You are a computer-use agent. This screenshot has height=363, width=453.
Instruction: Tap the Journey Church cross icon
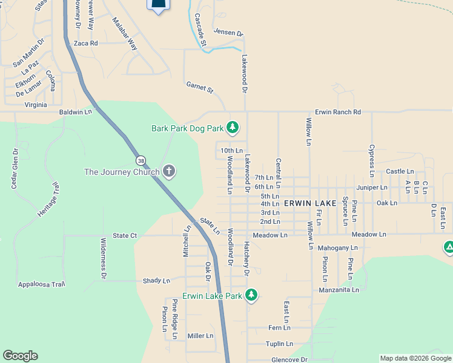[x=169, y=172]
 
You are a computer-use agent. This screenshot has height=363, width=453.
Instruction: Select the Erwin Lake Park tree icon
[x=251, y=296]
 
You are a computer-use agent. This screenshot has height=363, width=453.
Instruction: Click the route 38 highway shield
[x=141, y=161]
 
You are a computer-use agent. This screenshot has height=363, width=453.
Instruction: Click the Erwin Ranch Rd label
[x=337, y=112]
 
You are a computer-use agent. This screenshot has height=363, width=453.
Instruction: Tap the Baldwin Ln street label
[x=75, y=112]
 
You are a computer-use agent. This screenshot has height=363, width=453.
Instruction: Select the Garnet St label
[x=200, y=89]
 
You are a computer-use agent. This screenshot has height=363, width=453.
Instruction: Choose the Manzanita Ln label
[x=339, y=290]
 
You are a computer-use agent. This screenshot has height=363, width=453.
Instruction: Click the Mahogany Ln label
[x=337, y=247]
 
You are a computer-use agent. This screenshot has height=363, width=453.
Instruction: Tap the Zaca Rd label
[x=85, y=44]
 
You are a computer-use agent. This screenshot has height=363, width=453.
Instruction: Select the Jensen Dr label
[x=228, y=34]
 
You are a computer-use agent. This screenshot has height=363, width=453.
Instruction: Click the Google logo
[x=20, y=356]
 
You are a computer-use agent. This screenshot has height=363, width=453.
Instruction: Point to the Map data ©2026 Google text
[x=415, y=358]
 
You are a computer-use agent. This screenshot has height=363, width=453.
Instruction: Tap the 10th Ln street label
[x=231, y=150]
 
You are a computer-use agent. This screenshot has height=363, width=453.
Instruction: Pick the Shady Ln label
[x=156, y=281]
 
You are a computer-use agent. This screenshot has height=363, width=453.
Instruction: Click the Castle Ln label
[x=400, y=172]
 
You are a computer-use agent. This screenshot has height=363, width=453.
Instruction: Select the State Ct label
[x=125, y=235]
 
